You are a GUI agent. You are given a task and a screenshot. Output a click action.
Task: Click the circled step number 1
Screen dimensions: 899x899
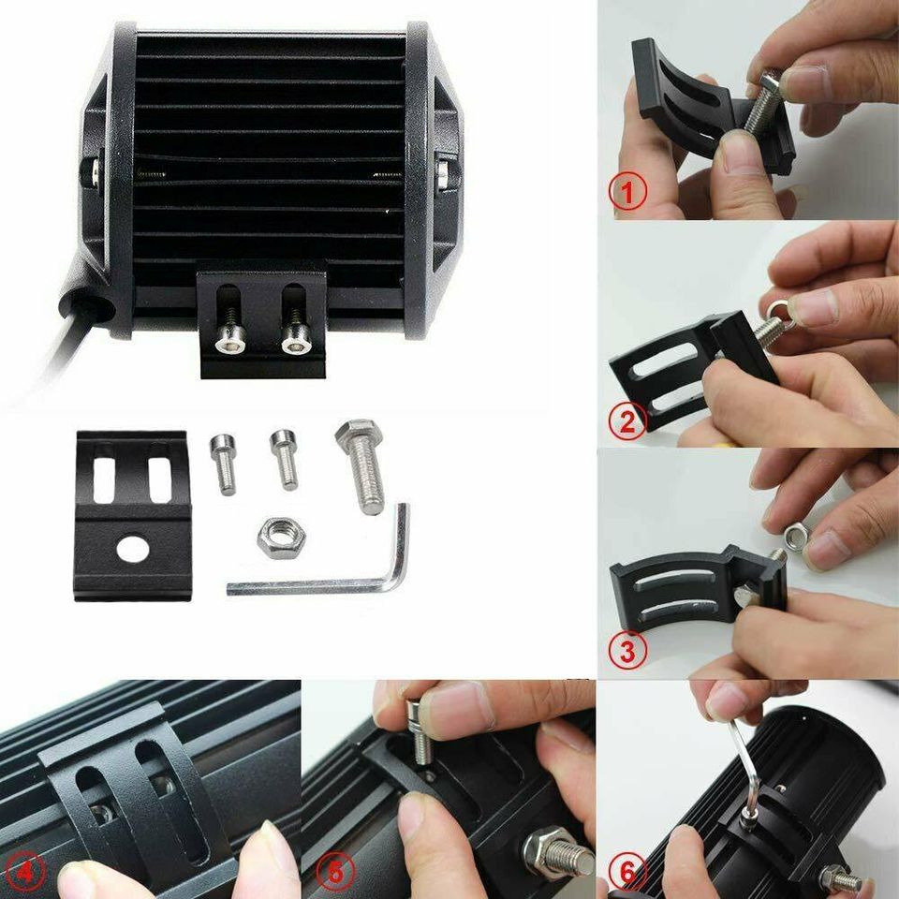[628, 191]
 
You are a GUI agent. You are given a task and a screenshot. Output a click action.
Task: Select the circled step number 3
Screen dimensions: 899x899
[627, 650]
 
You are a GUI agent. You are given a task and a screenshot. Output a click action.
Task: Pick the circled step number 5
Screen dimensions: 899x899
[335, 873]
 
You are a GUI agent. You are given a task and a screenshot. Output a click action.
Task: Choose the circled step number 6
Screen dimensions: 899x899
[628, 872]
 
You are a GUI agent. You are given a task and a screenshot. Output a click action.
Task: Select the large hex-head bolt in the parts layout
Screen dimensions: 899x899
[362, 464]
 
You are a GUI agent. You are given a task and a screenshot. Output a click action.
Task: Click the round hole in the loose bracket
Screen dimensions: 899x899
[132, 550]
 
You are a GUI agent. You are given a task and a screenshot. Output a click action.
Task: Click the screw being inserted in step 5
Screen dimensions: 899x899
[417, 732]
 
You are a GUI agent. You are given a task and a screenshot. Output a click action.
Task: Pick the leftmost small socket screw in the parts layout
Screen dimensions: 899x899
[223, 464]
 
